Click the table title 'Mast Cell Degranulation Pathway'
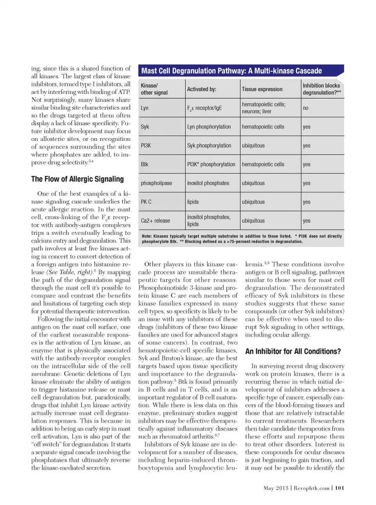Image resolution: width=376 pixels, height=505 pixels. coord(231,71)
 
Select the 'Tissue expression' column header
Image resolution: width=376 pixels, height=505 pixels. coord(262,89)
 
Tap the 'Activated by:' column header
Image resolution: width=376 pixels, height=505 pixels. coord(201,89)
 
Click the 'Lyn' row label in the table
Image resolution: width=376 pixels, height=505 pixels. coord(145,108)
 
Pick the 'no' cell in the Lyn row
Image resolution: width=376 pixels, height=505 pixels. coord(305,108)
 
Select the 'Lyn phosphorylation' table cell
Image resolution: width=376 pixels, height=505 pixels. coord(209,127)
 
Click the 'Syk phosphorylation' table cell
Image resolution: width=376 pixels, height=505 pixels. coord(209,146)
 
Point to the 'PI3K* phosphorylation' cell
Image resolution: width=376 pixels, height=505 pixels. coord(211,164)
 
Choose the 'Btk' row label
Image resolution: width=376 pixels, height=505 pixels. coord(145,164)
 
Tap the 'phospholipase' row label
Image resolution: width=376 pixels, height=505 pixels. coord(156,183)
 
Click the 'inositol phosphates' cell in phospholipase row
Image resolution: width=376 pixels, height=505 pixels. coord(208,183)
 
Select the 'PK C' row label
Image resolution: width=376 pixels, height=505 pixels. coord(146,202)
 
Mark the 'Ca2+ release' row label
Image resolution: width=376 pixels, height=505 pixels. coord(155,221)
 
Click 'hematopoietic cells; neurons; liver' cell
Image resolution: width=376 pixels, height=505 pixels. coord(263,108)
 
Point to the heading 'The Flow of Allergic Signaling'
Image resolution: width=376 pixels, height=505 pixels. coord(77,179)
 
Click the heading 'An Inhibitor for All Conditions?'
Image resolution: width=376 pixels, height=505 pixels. coord(293,352)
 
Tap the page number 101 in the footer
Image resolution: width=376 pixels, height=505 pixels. coord(340,488)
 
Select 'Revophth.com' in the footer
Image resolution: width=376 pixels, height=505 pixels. coord(311,488)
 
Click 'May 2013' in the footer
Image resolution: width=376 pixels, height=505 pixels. coord(276,488)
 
